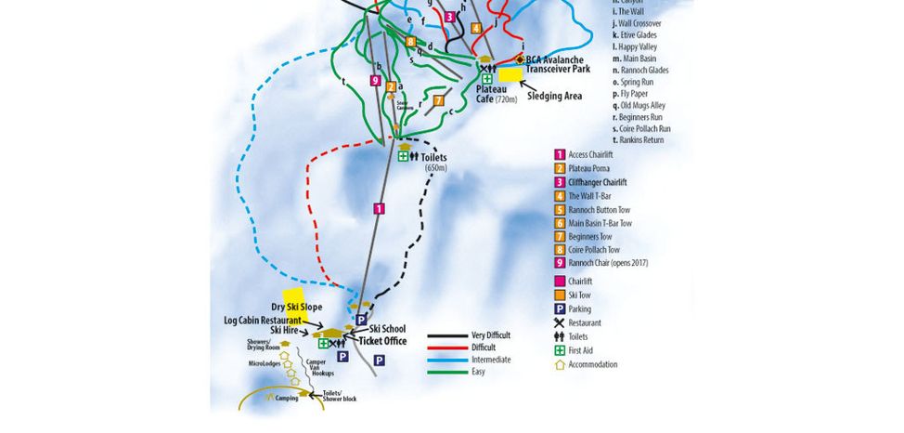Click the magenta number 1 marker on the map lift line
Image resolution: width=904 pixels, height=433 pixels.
tap(379, 208)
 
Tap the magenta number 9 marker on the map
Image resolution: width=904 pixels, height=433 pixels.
tap(375, 81)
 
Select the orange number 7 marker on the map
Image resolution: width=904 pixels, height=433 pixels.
tap(438, 100)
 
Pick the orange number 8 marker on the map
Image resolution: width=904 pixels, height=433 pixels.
tap(411, 41)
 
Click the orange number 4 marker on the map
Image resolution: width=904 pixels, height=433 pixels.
tap(476, 28)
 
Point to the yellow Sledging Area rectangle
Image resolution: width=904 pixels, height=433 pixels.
tap(510, 74)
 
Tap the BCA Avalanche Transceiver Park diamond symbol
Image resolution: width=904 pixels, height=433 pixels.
tap(520, 59)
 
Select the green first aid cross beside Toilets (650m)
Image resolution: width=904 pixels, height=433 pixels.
tap(404, 156)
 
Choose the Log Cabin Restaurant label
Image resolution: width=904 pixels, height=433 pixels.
tap(263, 320)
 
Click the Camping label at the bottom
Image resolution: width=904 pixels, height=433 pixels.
tap(287, 398)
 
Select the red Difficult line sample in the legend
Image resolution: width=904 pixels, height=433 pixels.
tap(446, 347)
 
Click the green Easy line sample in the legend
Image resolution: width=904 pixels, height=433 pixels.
tap(446, 371)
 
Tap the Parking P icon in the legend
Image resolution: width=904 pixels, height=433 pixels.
tap(560, 308)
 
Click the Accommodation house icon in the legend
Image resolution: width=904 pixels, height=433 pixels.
tap(560, 364)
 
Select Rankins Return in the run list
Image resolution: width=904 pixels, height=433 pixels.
tap(640, 139)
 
